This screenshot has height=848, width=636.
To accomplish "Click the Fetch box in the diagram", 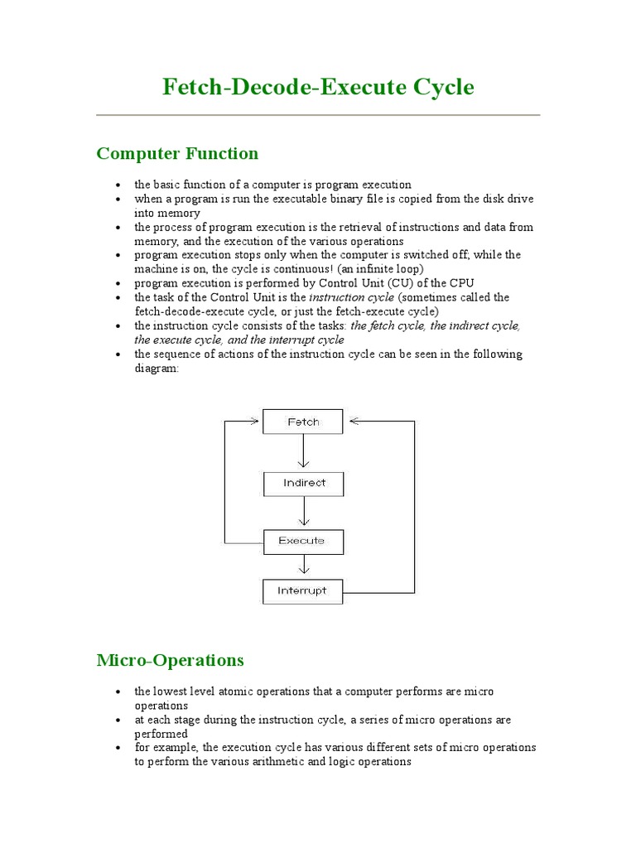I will (303, 422).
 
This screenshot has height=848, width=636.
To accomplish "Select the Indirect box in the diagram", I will (303, 483).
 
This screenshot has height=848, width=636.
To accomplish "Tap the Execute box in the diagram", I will (303, 541).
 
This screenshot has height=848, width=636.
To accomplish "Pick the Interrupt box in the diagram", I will (303, 591).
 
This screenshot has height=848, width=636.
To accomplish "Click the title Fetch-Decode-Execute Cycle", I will (318, 87).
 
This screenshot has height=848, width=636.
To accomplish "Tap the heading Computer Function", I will (177, 153).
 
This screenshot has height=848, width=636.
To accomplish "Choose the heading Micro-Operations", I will (170, 660).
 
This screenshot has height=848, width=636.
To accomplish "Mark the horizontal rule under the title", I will (318, 115).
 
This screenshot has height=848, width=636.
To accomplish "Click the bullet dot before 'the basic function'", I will (120, 185).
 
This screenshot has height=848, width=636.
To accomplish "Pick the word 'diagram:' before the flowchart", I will (157, 369).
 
